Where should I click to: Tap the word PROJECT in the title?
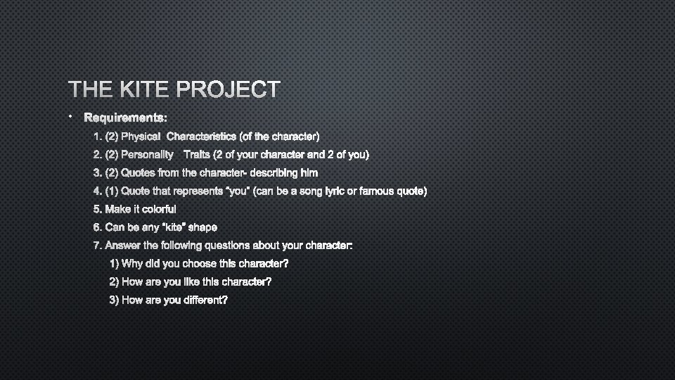(x=229, y=89)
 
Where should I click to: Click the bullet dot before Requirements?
(x=71, y=115)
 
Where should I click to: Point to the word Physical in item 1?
(x=141, y=136)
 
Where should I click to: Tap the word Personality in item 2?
(x=148, y=154)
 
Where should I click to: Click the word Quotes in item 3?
(x=138, y=172)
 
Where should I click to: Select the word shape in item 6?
(x=202, y=227)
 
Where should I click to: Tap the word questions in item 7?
(x=224, y=246)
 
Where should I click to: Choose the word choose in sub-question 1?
(x=200, y=264)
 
